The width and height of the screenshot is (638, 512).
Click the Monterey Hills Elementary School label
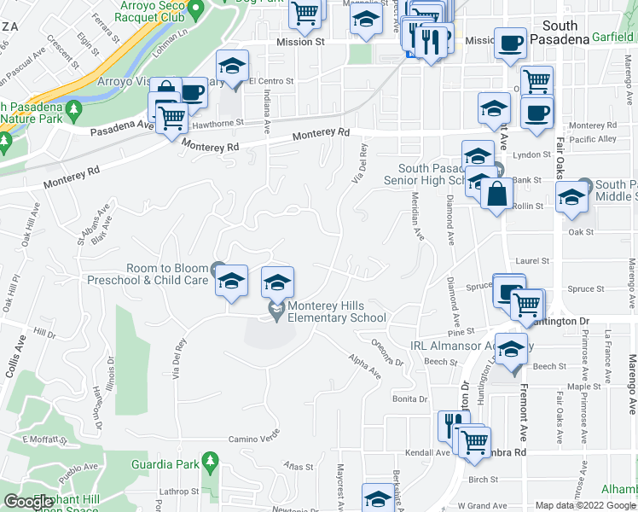(x=336, y=311)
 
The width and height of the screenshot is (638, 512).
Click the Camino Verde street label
(x=253, y=439)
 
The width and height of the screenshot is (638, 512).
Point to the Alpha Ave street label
(x=365, y=367)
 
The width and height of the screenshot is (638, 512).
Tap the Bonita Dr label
(x=409, y=399)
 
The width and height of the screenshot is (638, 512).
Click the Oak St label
(x=581, y=232)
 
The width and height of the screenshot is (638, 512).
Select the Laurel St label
(x=529, y=262)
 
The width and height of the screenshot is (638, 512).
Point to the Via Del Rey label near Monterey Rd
(x=360, y=164)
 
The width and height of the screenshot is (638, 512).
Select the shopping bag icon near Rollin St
(x=496, y=195)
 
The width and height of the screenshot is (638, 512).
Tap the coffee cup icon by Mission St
(x=511, y=43)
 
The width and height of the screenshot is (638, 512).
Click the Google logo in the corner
(x=27, y=503)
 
